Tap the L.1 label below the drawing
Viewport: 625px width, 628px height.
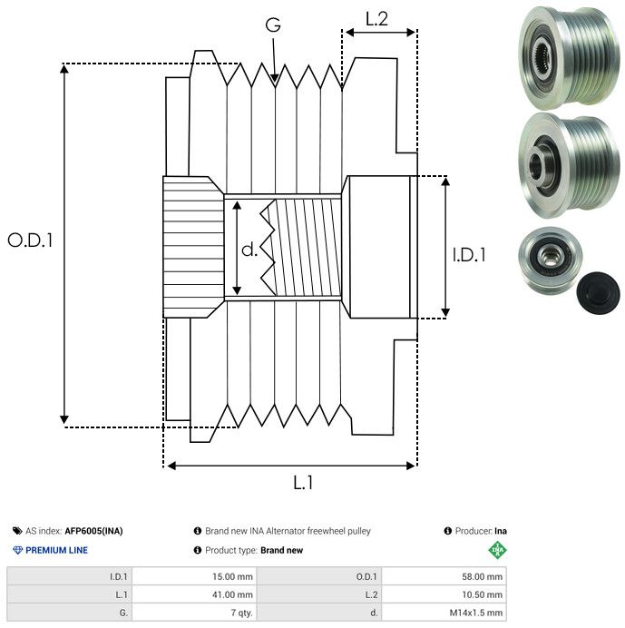[x=303, y=483]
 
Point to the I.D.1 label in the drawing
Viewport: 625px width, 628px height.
[x=469, y=256]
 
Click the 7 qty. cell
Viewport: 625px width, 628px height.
[x=239, y=613]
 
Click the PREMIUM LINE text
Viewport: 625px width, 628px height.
[x=57, y=550]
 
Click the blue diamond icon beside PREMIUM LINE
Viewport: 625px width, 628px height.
[x=17, y=550]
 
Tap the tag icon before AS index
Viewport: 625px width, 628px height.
[x=17, y=531]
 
